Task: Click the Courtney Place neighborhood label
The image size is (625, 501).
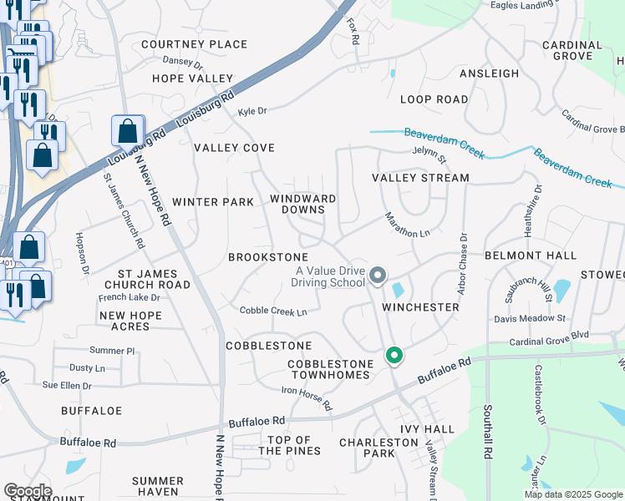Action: click(194, 44)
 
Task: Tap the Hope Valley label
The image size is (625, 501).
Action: click(192, 78)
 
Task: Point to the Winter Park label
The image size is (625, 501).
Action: click(212, 202)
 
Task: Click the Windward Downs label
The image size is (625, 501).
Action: click(302, 205)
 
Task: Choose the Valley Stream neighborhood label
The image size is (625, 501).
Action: click(420, 178)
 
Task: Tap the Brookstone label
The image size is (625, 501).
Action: click(268, 257)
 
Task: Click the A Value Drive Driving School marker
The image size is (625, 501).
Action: click(378, 275)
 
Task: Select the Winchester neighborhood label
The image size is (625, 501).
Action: click(421, 307)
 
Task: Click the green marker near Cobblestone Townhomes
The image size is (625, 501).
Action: click(394, 356)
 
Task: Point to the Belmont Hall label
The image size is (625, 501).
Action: click(526, 255)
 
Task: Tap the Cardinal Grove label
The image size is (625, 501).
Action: click(572, 50)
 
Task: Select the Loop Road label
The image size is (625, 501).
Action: click(434, 99)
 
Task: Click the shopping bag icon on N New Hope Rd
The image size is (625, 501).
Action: click(127, 132)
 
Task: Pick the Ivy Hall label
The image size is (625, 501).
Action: click(427, 429)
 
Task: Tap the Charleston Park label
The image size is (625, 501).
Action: click(367, 448)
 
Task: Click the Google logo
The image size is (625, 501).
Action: click(28, 491)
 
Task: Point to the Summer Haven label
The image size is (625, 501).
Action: click(157, 486)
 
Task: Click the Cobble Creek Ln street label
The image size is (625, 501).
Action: click(273, 311)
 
